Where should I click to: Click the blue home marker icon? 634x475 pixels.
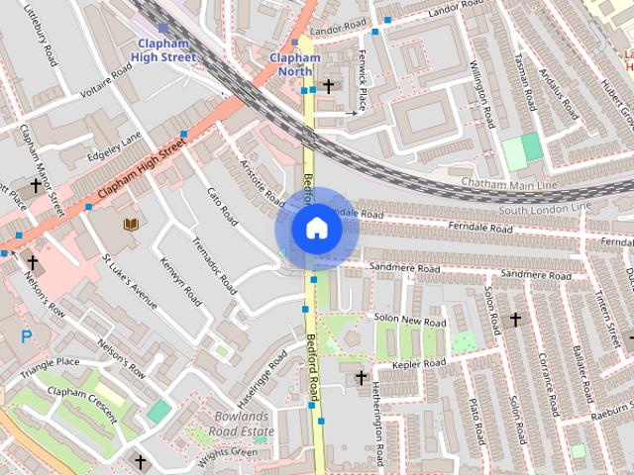[x=316, y=229]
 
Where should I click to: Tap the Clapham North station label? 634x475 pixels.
[x=295, y=64]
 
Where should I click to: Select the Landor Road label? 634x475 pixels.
[x=339, y=30]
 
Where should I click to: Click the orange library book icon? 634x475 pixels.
[x=131, y=225]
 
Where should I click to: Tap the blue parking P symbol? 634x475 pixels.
[x=27, y=336]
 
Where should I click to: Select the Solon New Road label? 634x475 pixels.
[x=410, y=321]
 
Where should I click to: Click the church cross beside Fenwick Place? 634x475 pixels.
[x=328, y=87]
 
